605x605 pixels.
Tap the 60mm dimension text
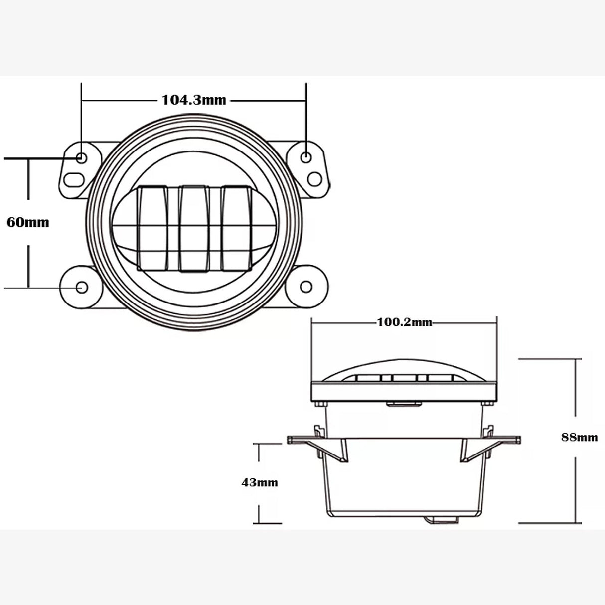[28, 222]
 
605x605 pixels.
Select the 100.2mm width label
[404, 322]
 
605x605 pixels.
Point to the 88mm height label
[579, 437]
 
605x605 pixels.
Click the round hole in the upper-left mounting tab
[81, 157]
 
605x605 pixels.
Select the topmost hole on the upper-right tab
[307, 157]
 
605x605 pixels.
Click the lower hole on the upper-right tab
[313, 177]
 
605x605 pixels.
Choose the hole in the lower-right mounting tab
[305, 288]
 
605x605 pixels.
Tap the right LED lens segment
[235, 228]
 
